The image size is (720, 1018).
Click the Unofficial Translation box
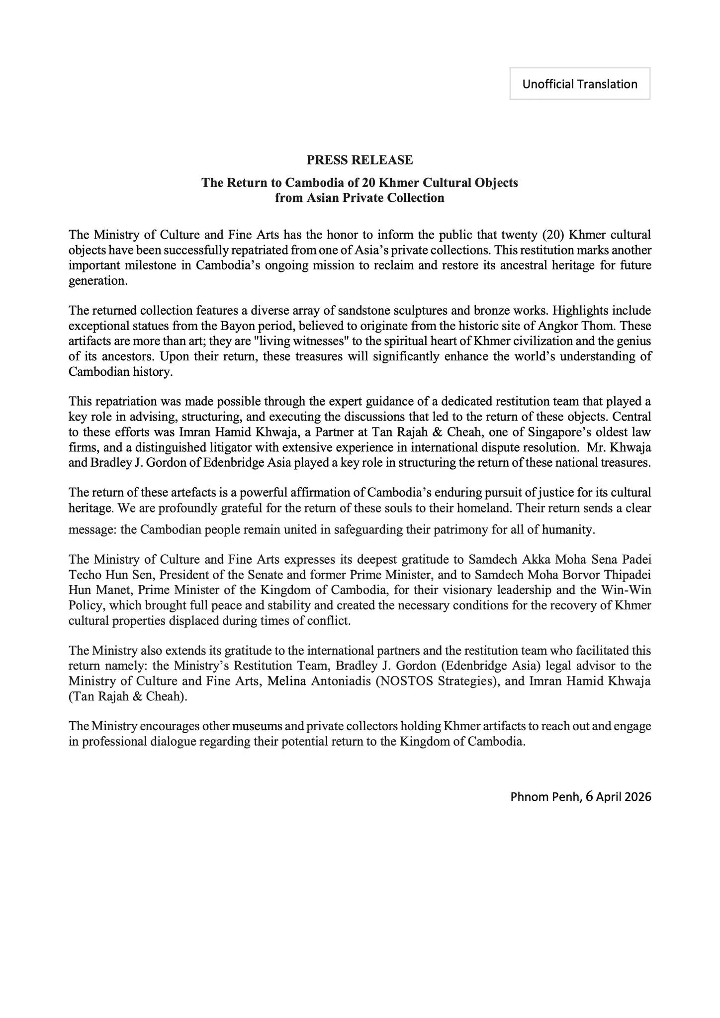pos(580,84)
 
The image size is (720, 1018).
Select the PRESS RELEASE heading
pos(360,160)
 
